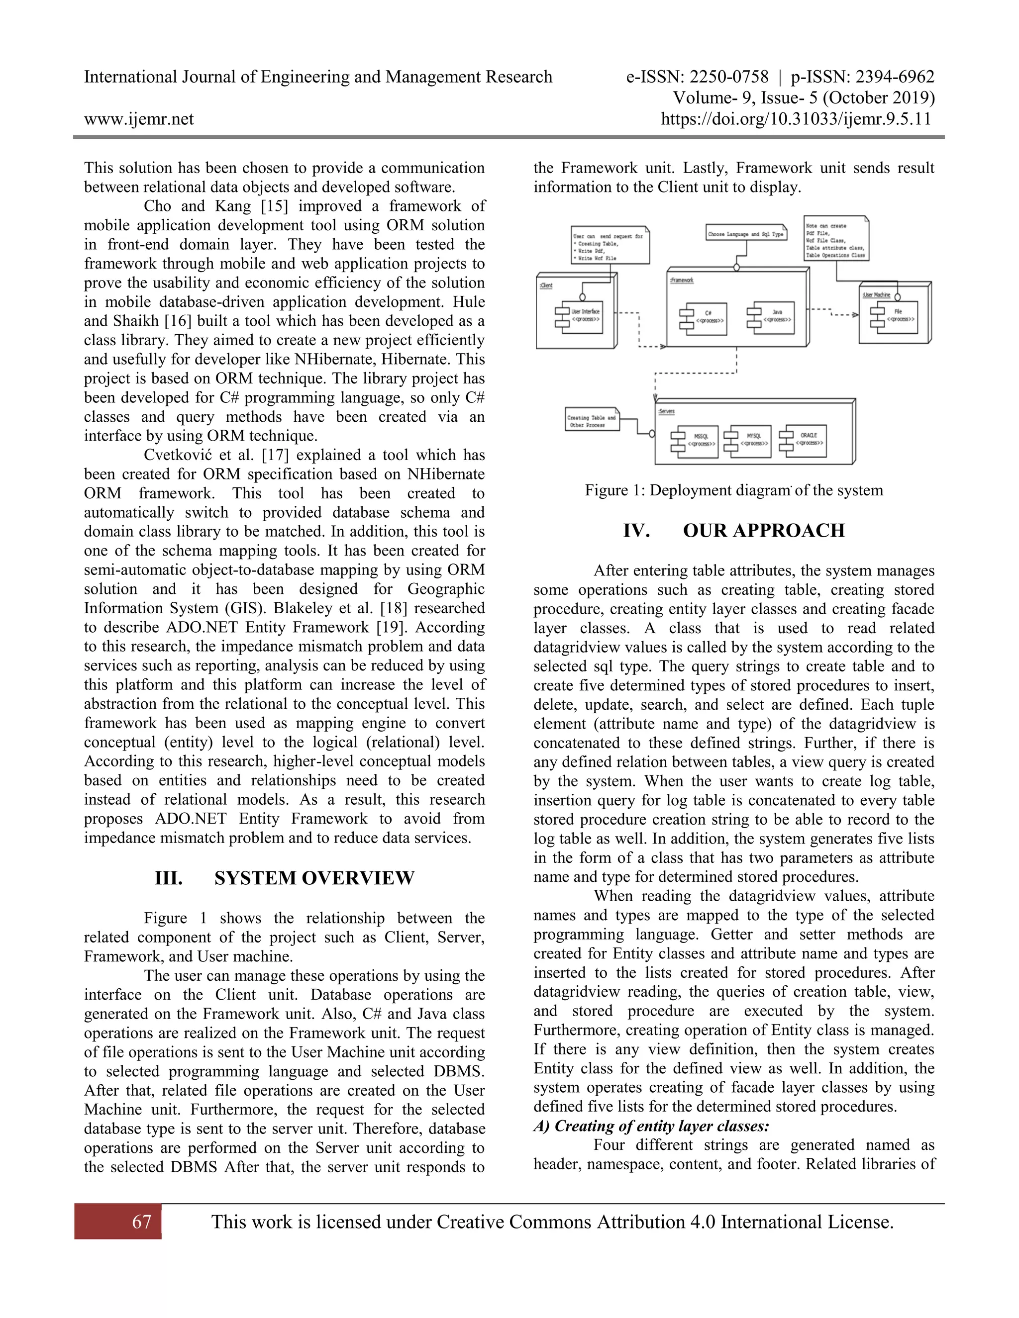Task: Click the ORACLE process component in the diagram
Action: [x=804, y=439]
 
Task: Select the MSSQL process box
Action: [x=696, y=441]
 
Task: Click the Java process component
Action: [x=772, y=317]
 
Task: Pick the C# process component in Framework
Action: [x=704, y=318]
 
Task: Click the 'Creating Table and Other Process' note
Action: [x=592, y=421]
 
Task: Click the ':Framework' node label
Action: [x=682, y=280]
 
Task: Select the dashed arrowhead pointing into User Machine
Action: [x=855, y=314]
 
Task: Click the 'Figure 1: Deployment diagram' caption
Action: [x=733, y=490]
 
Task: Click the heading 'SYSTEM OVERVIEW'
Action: [x=314, y=878]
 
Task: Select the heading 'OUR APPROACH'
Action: [x=764, y=531]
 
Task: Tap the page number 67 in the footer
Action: [x=141, y=1222]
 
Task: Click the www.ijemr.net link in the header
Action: [x=139, y=119]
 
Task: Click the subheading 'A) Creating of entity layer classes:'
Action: [x=651, y=1126]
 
